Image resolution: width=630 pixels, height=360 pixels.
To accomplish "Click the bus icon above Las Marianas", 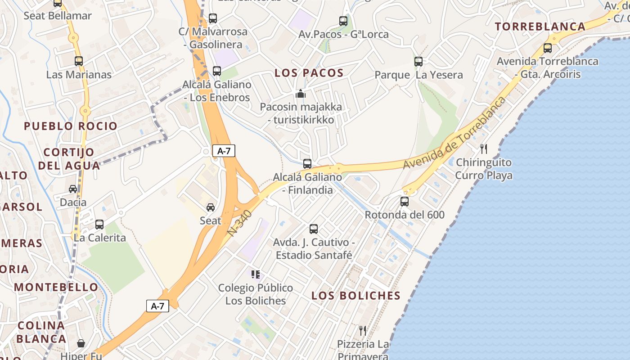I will point(79,61).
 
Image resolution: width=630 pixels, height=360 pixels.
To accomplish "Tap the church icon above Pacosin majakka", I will point(300,94).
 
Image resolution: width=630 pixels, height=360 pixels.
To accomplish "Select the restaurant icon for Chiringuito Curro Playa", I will point(484,148).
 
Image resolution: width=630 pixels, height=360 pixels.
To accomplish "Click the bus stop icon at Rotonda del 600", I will point(405,201).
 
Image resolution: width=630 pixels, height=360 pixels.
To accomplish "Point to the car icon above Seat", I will point(210,207).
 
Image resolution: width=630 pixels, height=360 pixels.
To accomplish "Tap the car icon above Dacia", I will point(73,189).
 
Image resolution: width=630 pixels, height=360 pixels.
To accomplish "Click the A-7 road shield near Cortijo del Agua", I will point(224,151).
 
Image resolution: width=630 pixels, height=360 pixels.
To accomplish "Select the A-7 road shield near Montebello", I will point(157,306).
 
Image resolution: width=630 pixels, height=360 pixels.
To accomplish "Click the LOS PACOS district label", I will point(309,73).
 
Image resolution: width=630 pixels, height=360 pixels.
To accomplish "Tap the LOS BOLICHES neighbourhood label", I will point(356,296).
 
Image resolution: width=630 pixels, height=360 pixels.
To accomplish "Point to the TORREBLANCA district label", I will point(540,27).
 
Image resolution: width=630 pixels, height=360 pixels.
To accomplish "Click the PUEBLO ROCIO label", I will point(71,126).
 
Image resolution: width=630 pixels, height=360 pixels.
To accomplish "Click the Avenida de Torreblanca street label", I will point(454,134).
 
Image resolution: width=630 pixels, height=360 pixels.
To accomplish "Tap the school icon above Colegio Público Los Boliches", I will point(256,274).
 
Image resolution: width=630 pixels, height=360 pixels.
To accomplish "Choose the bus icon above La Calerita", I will point(99,224).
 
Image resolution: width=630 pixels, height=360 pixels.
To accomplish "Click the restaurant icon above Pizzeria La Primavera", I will point(363,331).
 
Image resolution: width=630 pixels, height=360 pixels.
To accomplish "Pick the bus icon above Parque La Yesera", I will point(418,62).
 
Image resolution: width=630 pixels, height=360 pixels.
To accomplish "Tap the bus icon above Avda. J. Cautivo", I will point(314,229).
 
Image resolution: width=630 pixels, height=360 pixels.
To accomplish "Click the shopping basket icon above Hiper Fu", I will point(81,343).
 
